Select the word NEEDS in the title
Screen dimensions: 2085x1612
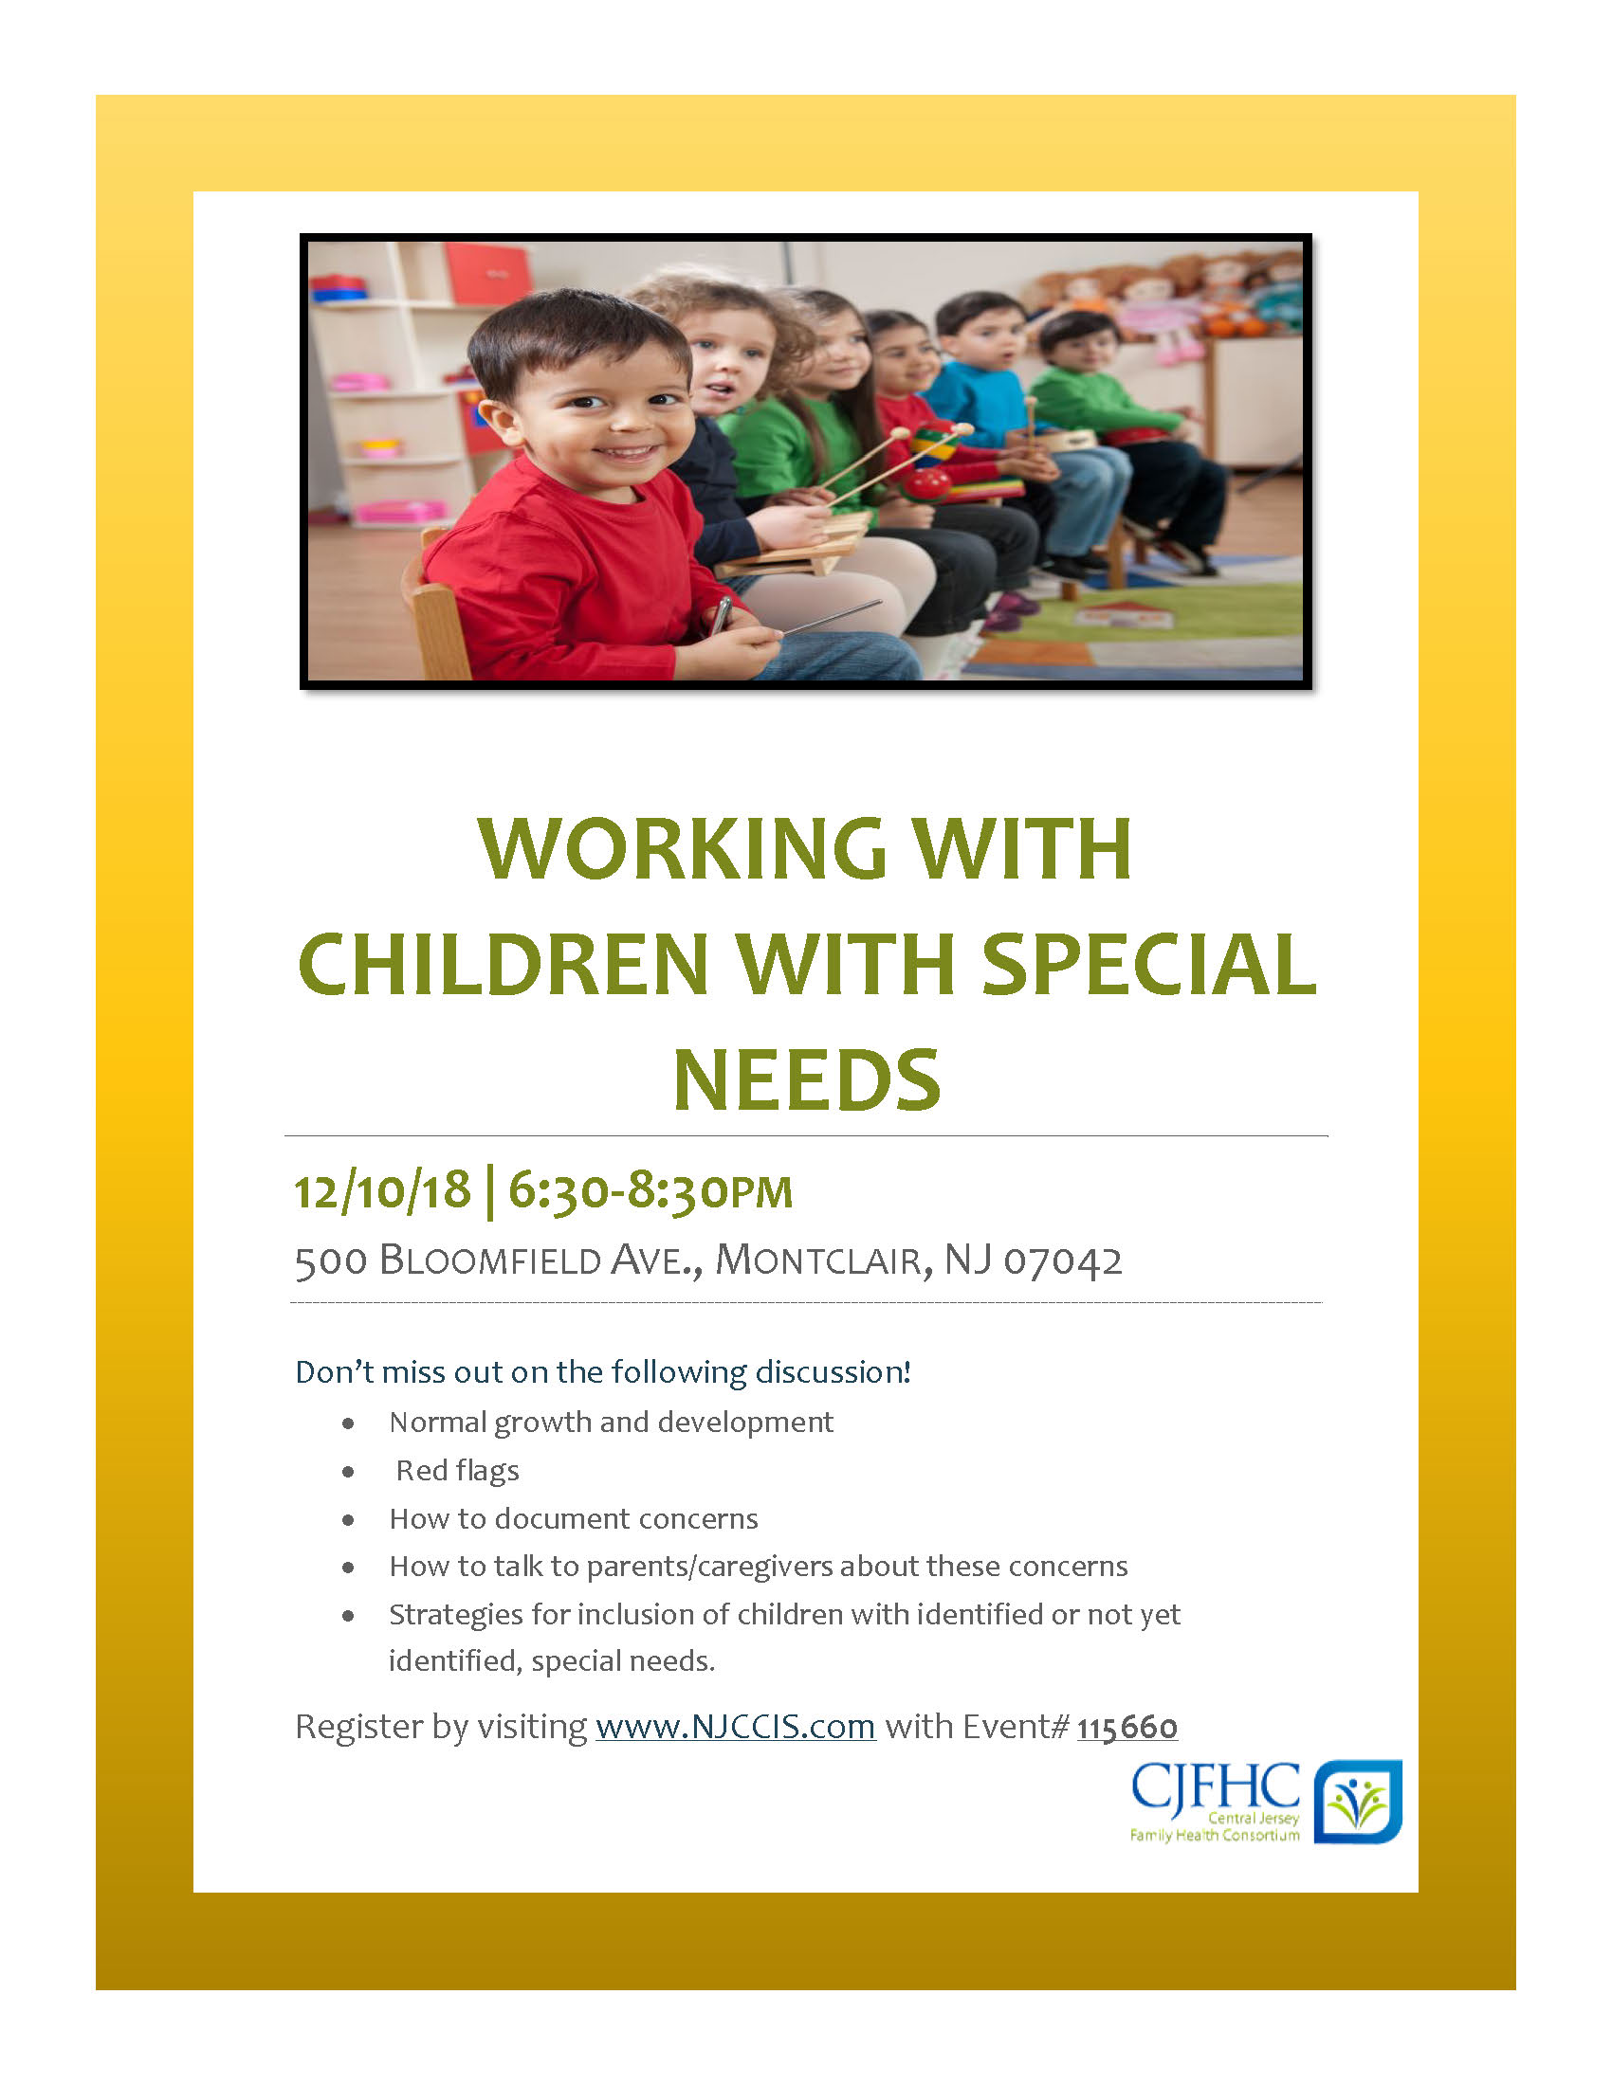[807, 1079]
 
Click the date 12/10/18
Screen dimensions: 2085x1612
[382, 1190]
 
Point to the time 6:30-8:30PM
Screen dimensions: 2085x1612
[650, 1190]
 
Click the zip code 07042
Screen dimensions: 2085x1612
[1063, 1260]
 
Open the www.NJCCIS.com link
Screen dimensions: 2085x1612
[735, 1726]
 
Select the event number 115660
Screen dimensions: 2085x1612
[1127, 1727]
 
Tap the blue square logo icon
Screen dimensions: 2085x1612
[1358, 1801]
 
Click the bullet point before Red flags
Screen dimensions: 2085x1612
[349, 1471]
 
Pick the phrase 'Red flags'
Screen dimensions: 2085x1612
[457, 1470]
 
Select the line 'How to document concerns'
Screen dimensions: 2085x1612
[573, 1518]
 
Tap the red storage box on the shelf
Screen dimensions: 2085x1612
[487, 271]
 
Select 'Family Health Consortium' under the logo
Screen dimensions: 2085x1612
[1214, 1834]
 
